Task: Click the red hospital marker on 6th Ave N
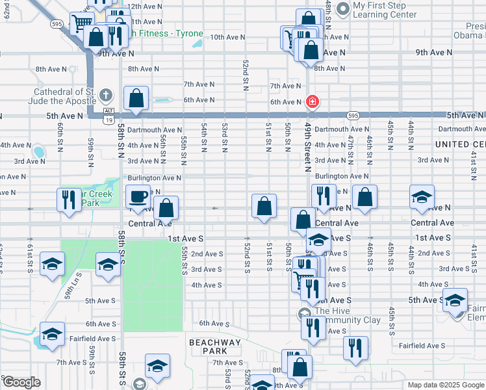click(x=313, y=101)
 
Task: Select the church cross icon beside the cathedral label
click(x=107, y=96)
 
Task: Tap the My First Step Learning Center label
click(x=385, y=9)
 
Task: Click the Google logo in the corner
click(x=21, y=382)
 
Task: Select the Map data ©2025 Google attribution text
click(x=446, y=385)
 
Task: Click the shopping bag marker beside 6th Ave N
click(x=136, y=99)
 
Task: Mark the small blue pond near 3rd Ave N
click(x=38, y=152)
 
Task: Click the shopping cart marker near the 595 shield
click(x=83, y=24)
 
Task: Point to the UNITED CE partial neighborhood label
click(x=460, y=144)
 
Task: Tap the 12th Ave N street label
click(x=144, y=6)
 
